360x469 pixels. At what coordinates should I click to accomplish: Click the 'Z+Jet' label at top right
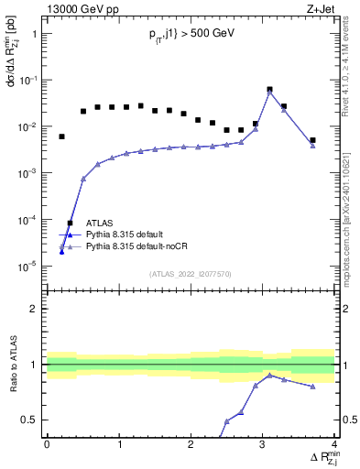(x=321, y=9)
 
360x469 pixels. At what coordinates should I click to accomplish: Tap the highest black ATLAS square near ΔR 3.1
(x=269, y=90)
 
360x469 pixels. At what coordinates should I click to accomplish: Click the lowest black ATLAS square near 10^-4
(x=70, y=224)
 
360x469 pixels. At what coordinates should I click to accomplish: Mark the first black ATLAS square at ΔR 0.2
(x=61, y=136)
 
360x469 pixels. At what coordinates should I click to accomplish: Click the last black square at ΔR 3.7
(x=312, y=140)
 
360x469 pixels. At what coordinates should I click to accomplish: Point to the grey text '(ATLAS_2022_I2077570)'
(x=190, y=273)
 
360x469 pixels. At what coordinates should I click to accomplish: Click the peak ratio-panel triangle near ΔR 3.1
(x=269, y=375)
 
